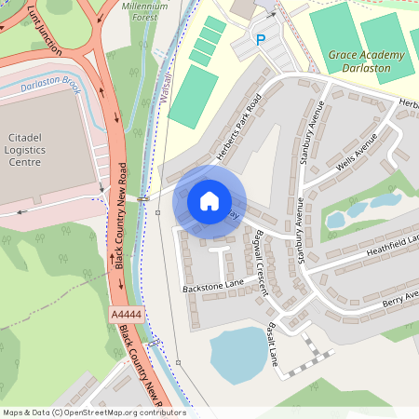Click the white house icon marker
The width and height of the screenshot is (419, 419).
pyautogui.click(x=209, y=200)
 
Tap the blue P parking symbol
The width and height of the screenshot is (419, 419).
pyautogui.click(x=261, y=40)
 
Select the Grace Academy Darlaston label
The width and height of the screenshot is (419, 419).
pyautogui.click(x=367, y=61)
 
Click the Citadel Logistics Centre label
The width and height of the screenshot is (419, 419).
pyautogui.click(x=25, y=149)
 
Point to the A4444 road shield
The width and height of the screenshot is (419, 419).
pyautogui.click(x=127, y=316)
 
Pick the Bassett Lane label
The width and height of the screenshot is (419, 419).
pyautogui.click(x=274, y=345)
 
